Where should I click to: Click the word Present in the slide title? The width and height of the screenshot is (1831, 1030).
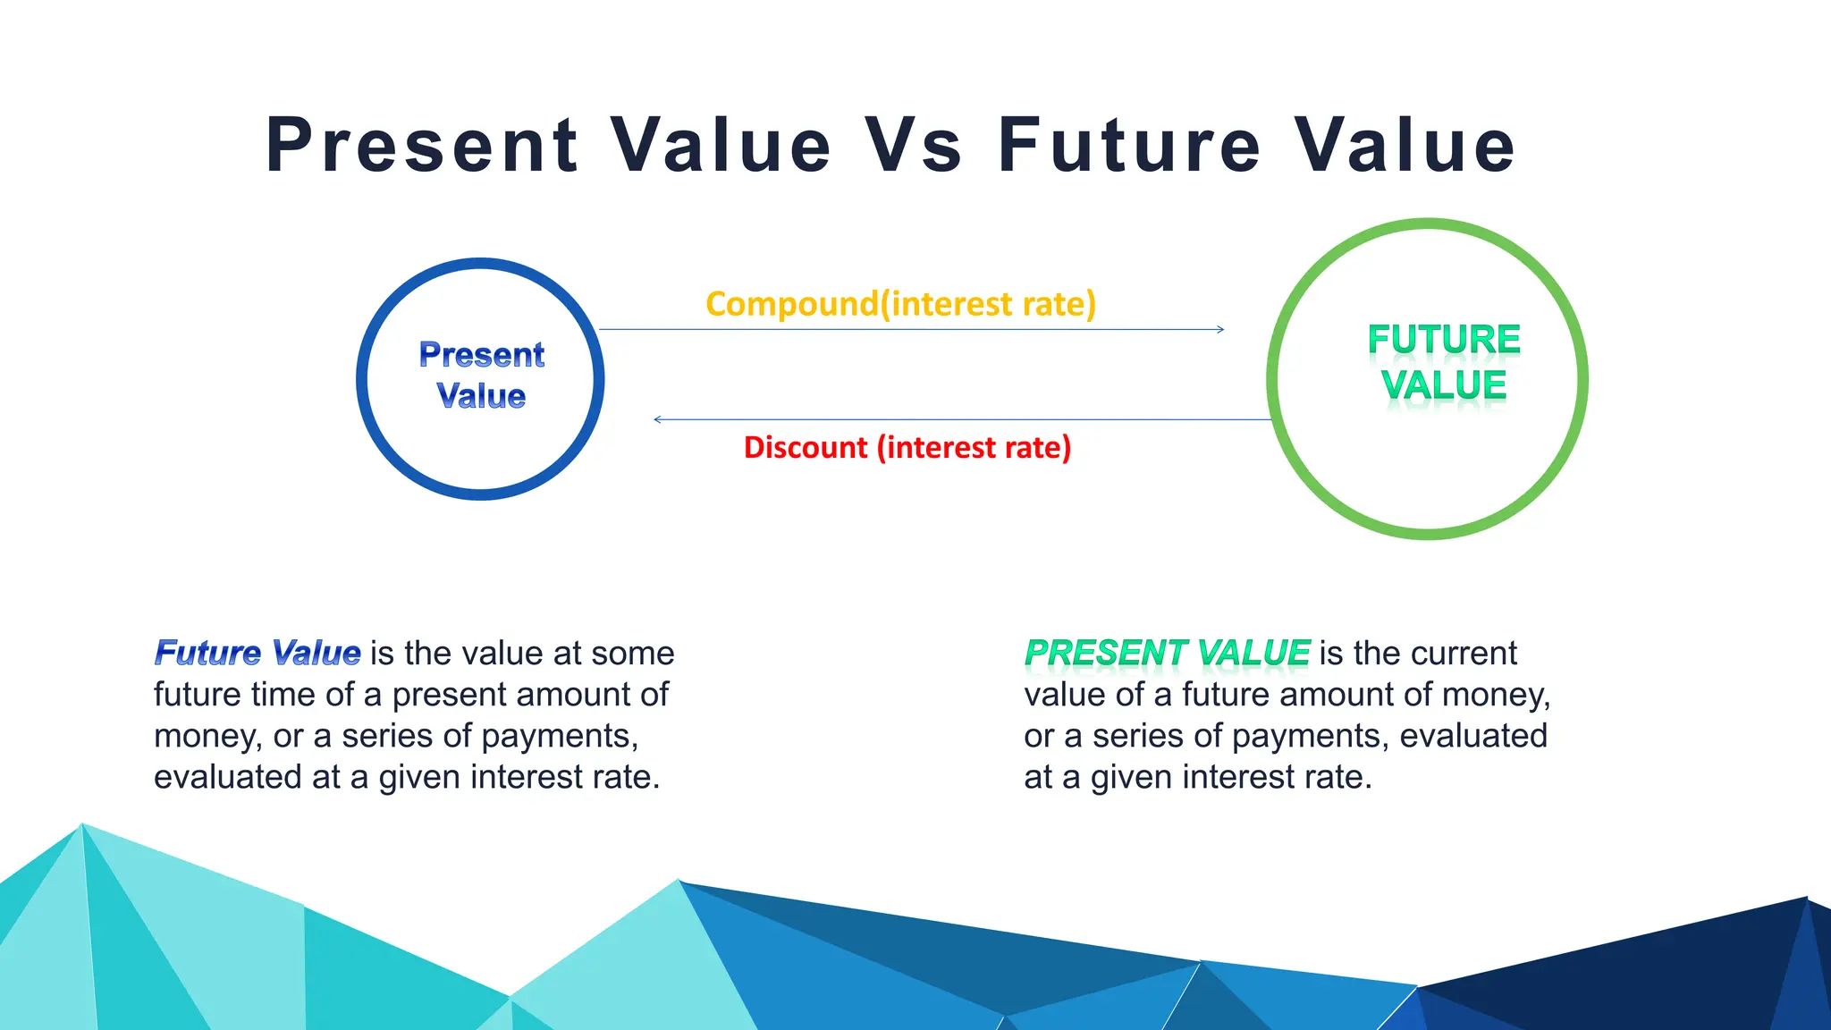point(422,146)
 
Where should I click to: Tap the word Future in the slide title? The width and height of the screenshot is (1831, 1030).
point(1129,146)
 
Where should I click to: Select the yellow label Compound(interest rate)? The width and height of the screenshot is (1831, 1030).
point(900,304)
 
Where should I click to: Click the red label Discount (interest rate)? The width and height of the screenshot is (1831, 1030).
point(907,447)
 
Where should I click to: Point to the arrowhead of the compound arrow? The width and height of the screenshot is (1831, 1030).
point(1220,330)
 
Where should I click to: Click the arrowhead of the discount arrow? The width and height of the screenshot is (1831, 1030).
point(658,419)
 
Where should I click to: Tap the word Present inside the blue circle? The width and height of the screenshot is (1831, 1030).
point(481,355)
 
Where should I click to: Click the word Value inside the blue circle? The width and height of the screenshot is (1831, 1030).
point(481,396)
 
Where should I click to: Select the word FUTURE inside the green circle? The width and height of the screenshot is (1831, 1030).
point(1443,340)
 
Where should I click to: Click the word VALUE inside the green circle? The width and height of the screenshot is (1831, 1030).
point(1443,385)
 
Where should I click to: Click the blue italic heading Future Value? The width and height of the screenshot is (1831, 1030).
point(257,653)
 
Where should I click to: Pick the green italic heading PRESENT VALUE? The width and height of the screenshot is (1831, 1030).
point(1167,653)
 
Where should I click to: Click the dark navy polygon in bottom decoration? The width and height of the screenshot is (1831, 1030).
point(1609,975)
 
